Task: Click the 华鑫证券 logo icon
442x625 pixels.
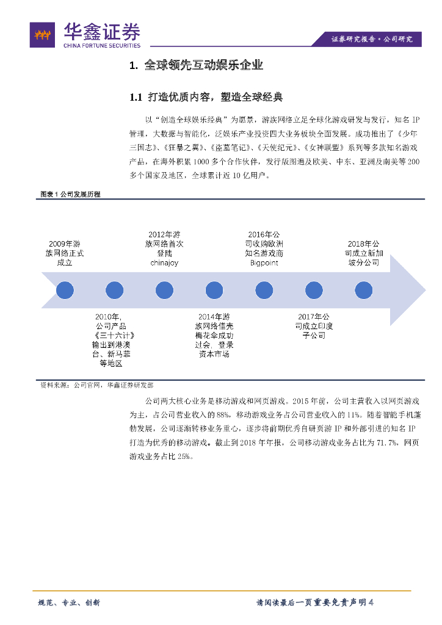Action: pos(43,35)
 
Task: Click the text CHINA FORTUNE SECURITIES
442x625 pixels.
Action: pos(102,45)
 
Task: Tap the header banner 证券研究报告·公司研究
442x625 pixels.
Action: pos(372,39)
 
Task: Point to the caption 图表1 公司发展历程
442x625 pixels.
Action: pos(70,193)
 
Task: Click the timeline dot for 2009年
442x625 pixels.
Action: pos(65,290)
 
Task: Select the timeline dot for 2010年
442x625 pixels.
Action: pos(114,290)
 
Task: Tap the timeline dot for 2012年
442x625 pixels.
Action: pos(164,290)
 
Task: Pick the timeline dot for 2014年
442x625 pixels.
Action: pos(214,290)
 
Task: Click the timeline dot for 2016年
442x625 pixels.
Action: pos(264,290)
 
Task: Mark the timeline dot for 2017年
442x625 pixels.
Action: pos(314,290)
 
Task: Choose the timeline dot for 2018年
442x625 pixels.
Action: pos(363,290)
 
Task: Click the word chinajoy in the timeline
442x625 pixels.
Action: pos(164,263)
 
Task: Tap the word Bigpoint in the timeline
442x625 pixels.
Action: pos(264,263)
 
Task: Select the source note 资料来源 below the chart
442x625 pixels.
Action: pos(97,385)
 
